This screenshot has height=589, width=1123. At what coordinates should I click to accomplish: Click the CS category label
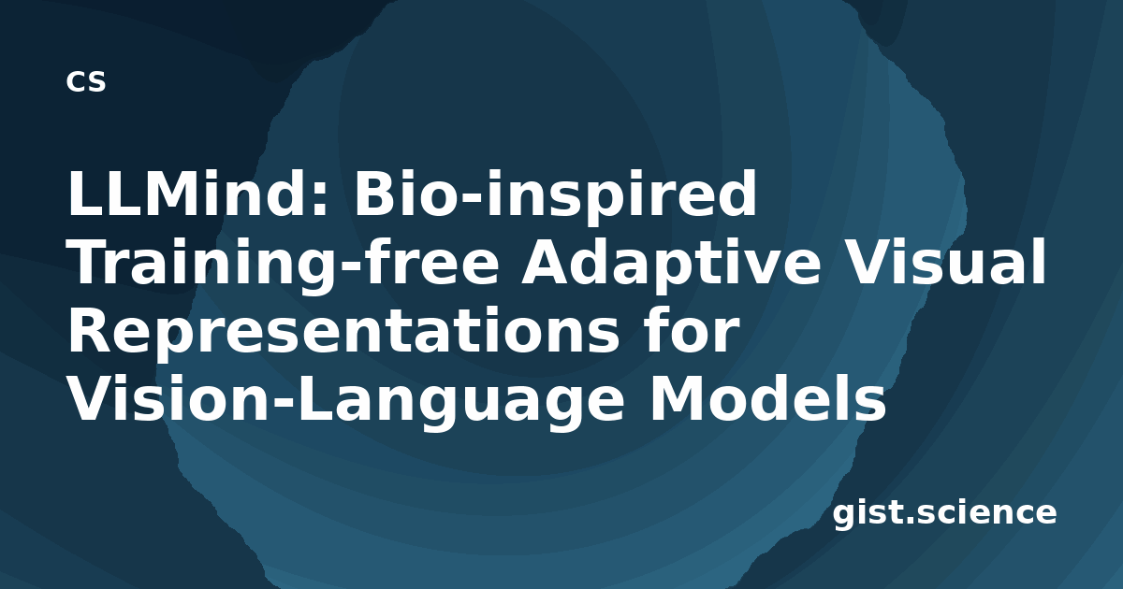coord(86,81)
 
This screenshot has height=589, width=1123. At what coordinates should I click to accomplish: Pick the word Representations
coord(344,331)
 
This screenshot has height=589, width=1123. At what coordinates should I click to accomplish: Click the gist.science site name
coord(944,514)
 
